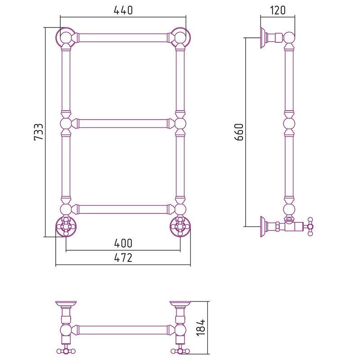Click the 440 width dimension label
coord(123,10)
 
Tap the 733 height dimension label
coord(39,132)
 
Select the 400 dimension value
coord(123,243)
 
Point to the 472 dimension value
coord(123,258)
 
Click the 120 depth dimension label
coord(278,10)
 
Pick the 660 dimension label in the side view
coord(239,132)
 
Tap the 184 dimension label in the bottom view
coord(201,328)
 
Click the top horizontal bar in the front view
coord(123,38)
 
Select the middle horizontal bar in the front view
coord(123,123)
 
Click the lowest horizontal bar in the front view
coord(123,209)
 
